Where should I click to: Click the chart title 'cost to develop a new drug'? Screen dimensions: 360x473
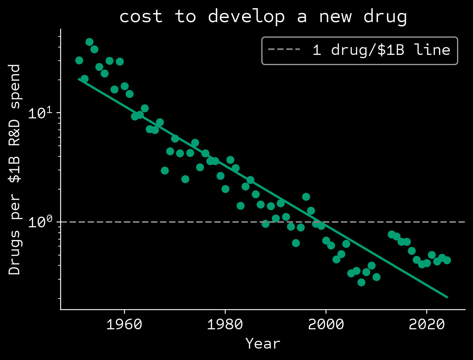tap(263, 17)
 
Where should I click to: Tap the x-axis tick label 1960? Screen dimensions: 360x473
tap(124, 324)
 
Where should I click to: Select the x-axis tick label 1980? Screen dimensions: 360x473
tap(225, 324)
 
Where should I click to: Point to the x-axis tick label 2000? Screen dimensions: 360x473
tap(326, 324)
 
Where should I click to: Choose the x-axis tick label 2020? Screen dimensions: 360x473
tap(427, 324)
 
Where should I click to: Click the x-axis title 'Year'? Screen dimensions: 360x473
tap(263, 343)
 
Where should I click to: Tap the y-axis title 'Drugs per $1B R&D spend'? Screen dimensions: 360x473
tap(15, 170)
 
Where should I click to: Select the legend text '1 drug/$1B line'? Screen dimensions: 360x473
tap(381, 50)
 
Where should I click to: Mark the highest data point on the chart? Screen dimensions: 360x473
tap(89, 42)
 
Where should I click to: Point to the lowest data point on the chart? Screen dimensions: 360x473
tap(361, 282)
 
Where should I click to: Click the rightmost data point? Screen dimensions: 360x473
tap(447, 260)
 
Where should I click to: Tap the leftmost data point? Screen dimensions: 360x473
tap(79, 60)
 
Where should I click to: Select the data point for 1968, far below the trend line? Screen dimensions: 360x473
tap(165, 170)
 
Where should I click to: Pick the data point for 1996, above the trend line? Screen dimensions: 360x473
tap(306, 197)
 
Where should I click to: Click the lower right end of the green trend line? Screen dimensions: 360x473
tap(447, 297)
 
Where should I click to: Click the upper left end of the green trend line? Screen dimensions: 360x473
tap(79, 79)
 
